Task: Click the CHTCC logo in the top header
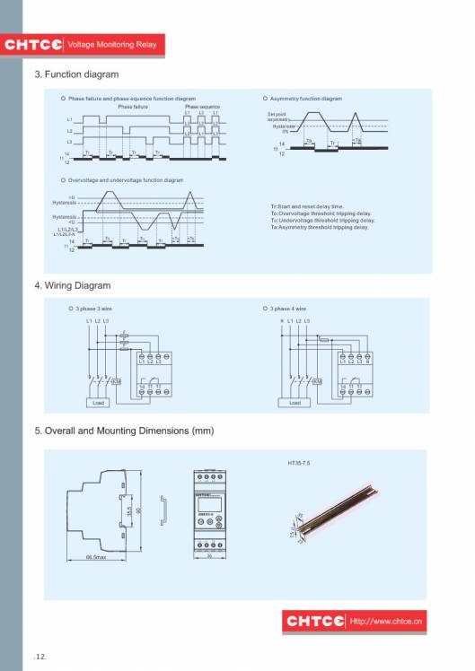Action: point(33,44)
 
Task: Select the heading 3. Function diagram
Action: point(76,74)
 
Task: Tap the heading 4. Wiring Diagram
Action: point(73,285)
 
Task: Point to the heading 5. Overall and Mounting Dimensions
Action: point(124,431)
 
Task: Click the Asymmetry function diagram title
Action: point(306,98)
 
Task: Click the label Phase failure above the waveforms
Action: point(133,106)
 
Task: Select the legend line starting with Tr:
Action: point(307,206)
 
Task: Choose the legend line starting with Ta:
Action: point(320,227)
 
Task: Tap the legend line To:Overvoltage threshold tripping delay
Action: point(321,213)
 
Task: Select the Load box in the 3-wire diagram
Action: point(98,403)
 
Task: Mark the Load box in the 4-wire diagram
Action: point(294,403)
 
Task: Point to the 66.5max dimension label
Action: point(96,557)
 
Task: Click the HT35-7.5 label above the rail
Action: point(299,464)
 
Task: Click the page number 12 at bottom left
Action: point(41,658)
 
